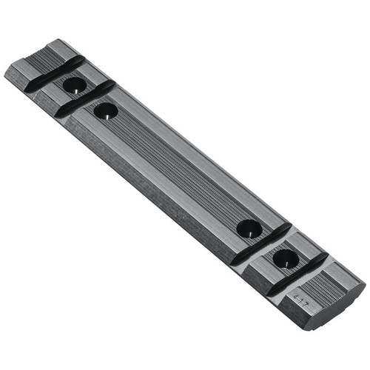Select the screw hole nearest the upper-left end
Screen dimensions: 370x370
click(74, 86)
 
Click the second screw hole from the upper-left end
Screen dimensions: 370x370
click(106, 112)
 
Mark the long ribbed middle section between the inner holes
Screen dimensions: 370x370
click(178, 170)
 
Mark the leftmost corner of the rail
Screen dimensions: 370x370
click(6, 71)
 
